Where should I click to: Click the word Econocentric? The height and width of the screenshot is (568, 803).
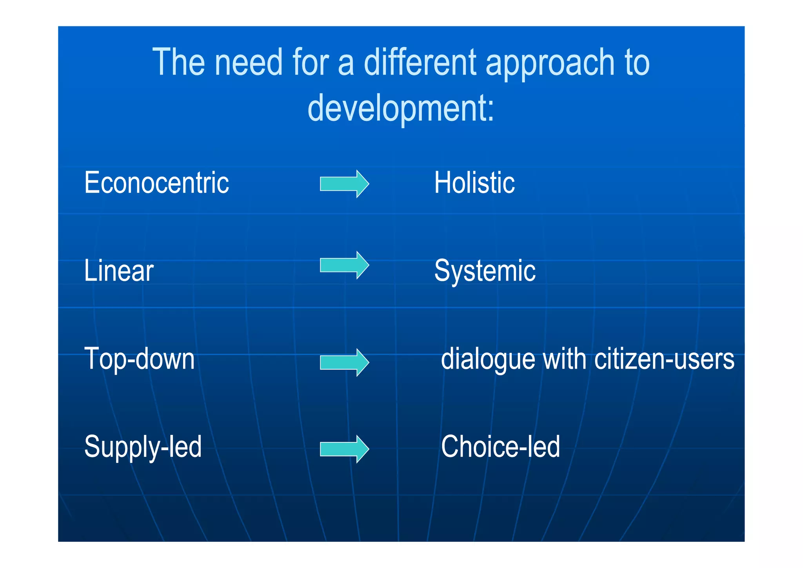pos(156,183)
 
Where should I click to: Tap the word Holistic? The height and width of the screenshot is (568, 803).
pos(474,183)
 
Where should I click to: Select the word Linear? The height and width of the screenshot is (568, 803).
pos(119,271)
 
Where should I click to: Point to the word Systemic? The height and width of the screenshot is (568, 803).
pos(485,271)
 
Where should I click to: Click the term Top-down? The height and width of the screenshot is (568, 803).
pos(139,359)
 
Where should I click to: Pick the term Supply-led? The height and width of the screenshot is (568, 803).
pos(143,447)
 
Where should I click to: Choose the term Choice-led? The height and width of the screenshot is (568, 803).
pos(500,447)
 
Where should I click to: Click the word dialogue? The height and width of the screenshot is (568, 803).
pos(488,359)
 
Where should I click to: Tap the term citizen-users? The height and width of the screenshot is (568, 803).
pos(664,359)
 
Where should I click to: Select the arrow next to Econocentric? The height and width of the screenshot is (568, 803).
pos(344,184)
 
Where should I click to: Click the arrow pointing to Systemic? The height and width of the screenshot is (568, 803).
pos(344,265)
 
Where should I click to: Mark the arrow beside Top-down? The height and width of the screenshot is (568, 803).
pos(344,362)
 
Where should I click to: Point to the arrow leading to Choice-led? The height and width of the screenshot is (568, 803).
pos(344,449)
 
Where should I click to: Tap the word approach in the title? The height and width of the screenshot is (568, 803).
pos(550,63)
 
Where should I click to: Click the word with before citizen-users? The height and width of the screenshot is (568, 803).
pos(564,359)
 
